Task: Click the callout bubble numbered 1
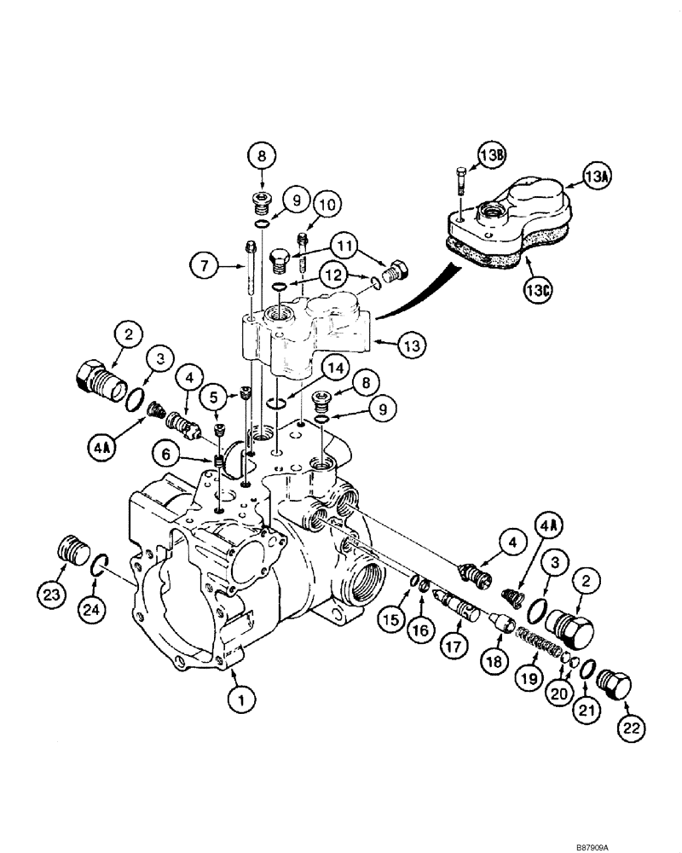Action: tap(240, 701)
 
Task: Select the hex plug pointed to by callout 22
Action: tap(615, 682)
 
